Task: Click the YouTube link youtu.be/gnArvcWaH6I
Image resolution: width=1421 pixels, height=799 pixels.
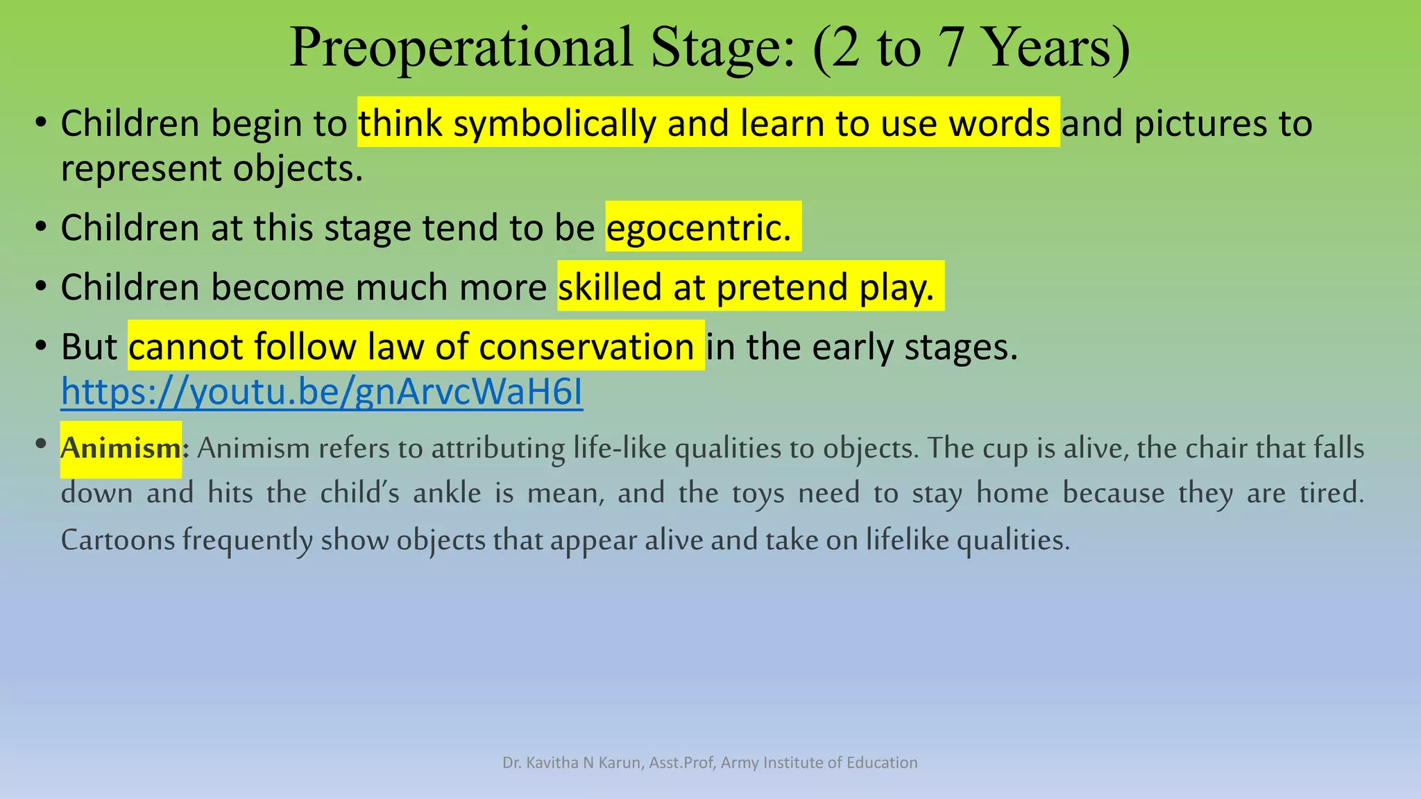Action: tap(321, 391)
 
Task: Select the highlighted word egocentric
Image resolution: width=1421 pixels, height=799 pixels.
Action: tap(699, 227)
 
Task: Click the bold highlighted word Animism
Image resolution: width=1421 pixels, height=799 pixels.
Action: tap(121, 448)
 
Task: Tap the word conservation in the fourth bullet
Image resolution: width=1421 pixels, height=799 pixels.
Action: tap(586, 346)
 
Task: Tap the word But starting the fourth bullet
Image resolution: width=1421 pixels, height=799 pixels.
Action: tap(89, 346)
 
